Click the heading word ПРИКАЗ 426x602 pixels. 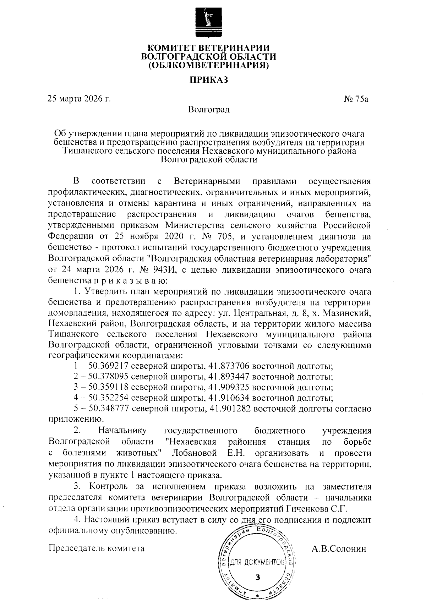[x=208, y=80]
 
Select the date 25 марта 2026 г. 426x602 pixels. [x=80, y=99]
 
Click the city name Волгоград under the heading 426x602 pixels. [x=209, y=109]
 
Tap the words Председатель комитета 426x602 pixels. [x=96, y=548]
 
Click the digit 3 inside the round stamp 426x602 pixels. [x=258, y=577]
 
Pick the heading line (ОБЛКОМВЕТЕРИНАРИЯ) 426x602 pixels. [x=208, y=65]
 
